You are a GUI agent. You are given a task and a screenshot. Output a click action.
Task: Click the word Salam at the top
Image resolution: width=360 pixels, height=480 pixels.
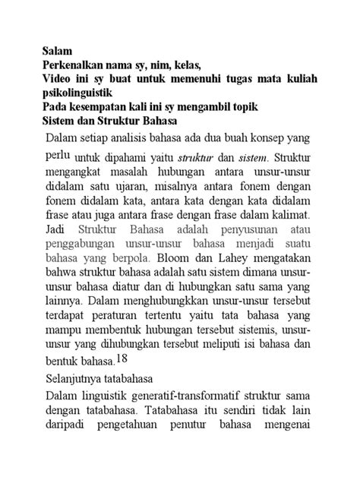point(57,52)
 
